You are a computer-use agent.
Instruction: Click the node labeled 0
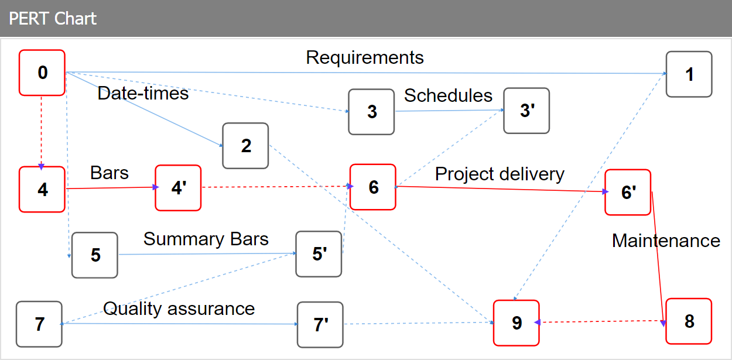(x=42, y=73)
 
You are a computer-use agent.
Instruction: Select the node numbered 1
(x=689, y=74)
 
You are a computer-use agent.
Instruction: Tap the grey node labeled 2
(x=245, y=146)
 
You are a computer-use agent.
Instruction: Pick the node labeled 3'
(x=527, y=111)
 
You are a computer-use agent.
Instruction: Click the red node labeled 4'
(x=178, y=188)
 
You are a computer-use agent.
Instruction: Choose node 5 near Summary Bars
(x=95, y=255)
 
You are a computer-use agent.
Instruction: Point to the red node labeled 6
(x=373, y=187)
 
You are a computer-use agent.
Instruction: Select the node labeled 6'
(x=628, y=193)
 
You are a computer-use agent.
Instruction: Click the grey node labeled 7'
(x=320, y=325)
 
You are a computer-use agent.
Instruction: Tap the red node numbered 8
(x=689, y=321)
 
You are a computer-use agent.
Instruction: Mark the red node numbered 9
(x=516, y=323)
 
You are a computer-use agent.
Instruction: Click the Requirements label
(x=365, y=57)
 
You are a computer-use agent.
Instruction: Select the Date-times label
(x=143, y=93)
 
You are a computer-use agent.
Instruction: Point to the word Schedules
(x=448, y=95)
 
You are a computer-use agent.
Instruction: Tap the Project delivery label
(x=500, y=174)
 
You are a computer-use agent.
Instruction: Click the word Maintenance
(x=666, y=241)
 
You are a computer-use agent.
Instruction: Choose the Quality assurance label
(x=179, y=308)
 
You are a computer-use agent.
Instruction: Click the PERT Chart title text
(x=53, y=18)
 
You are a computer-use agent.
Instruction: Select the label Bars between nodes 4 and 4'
(x=110, y=173)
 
